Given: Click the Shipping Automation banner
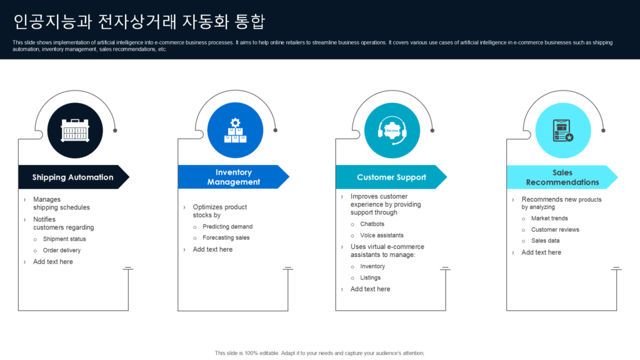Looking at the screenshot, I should click(72, 177).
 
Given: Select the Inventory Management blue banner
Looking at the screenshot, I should click(233, 177).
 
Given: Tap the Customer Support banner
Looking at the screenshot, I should click(391, 177).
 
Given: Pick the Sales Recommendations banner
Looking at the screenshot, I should click(562, 177).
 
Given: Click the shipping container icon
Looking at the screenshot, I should click(75, 131).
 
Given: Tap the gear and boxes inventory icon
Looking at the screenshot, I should click(235, 131).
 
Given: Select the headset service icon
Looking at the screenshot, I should click(392, 131).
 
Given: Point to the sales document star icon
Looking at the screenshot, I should click(563, 131).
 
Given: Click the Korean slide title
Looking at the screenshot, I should click(139, 22).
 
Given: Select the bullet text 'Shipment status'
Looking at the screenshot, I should click(64, 239).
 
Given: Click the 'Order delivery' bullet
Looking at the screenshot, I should click(62, 250).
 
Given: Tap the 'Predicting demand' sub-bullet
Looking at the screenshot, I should click(227, 226).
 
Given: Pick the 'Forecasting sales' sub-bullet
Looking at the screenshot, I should click(226, 237).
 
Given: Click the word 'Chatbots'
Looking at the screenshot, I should click(372, 224).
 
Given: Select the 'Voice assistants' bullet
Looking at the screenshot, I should click(381, 235).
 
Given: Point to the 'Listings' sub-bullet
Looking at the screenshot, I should click(370, 277).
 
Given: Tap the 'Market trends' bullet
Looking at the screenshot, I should click(549, 218).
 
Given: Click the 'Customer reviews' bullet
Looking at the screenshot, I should click(555, 229).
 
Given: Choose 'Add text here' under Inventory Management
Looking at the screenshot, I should click(212, 249).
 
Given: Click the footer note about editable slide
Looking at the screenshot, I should click(319, 353).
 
